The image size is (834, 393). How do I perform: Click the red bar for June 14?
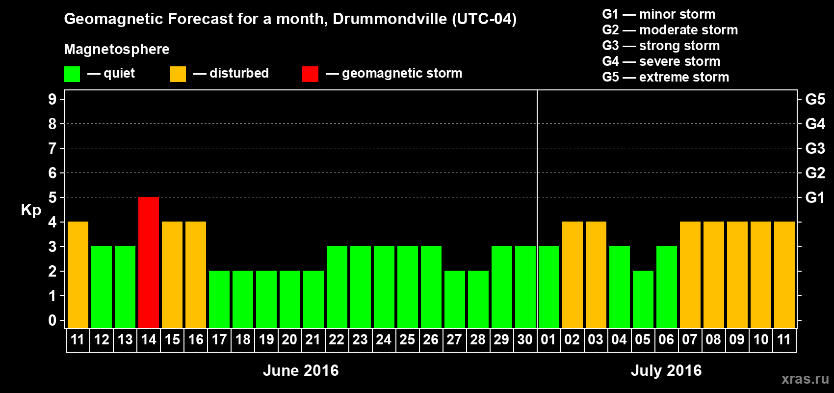[149, 262]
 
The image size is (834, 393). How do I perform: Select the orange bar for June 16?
[196, 275]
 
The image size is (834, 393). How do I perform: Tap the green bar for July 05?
[643, 299]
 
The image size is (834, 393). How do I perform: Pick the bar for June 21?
[313, 299]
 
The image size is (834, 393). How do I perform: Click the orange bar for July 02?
[573, 275]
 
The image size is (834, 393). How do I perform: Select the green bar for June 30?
[525, 287]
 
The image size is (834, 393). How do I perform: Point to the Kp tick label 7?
[52, 148]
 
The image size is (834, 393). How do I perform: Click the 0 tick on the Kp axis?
[52, 320]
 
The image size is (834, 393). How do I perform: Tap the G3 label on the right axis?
[815, 148]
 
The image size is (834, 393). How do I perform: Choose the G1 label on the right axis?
[815, 197]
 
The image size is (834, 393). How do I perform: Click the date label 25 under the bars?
[407, 340]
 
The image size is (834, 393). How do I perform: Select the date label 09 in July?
[737, 340]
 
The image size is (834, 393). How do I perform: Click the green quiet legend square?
[72, 74]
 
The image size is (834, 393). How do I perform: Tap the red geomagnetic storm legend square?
[310, 74]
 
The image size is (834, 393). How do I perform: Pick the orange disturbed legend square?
[178, 74]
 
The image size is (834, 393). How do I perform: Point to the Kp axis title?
[31, 210]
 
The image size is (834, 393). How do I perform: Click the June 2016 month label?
[301, 370]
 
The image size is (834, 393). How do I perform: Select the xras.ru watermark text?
[805, 379]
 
